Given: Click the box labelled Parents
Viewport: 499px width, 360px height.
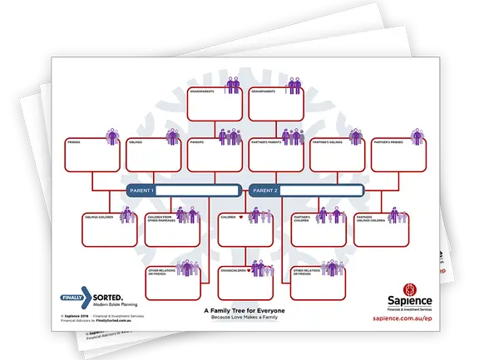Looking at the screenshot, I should (213, 155).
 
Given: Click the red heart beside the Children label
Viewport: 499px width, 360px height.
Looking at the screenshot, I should (241, 218).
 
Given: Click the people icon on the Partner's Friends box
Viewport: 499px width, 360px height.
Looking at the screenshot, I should (413, 135).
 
